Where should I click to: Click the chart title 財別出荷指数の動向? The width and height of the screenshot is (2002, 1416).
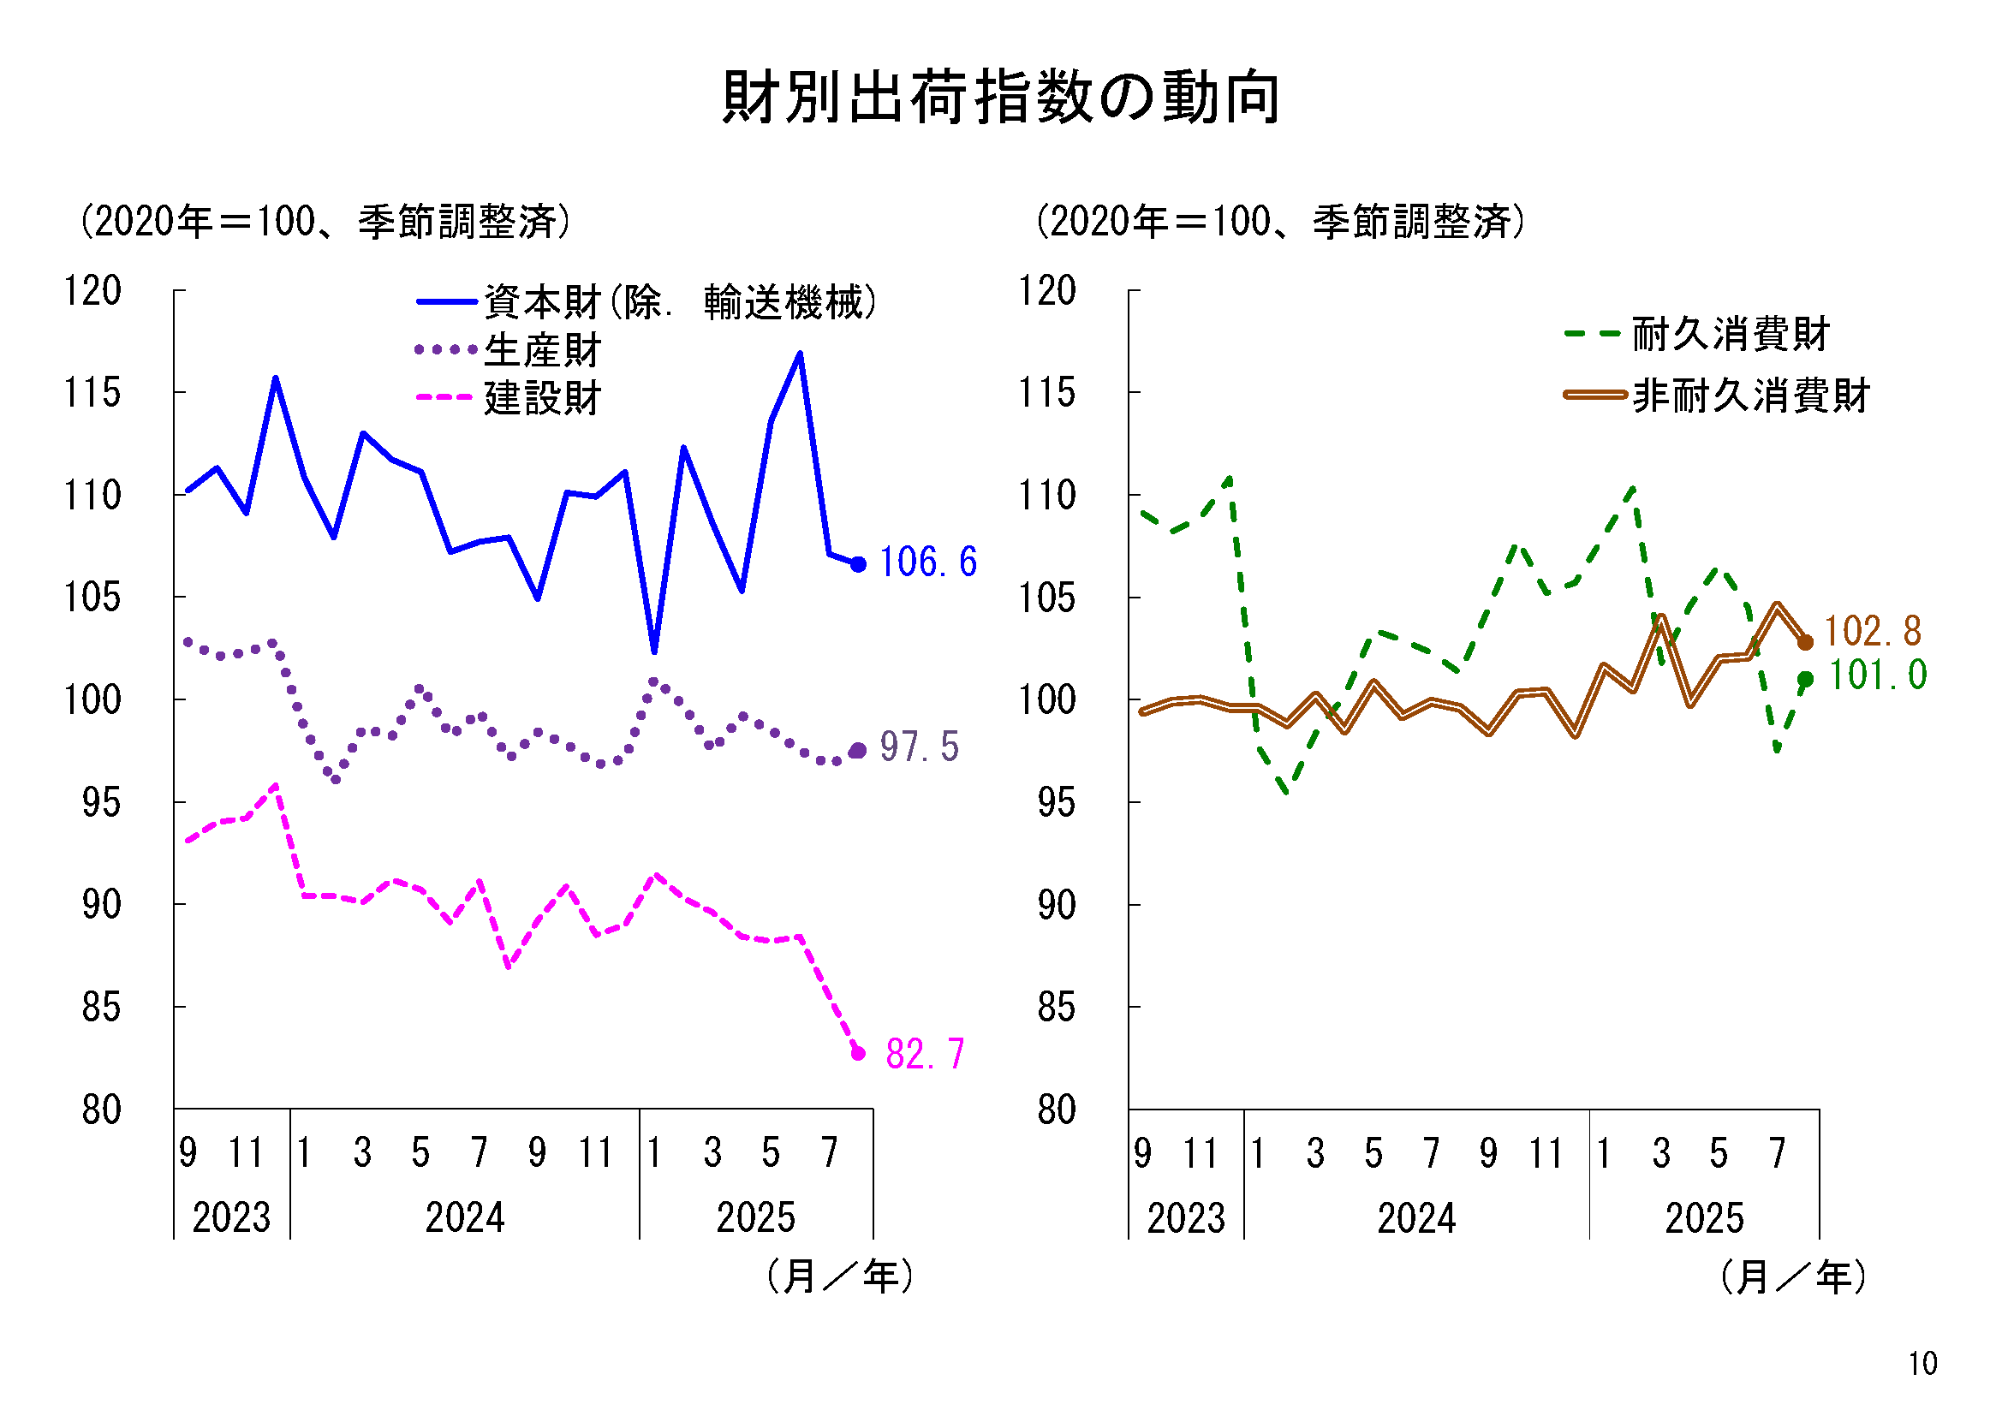coord(1001,97)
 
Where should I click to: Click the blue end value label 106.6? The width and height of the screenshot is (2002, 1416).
coord(927,562)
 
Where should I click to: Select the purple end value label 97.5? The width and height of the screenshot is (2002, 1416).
coord(919,747)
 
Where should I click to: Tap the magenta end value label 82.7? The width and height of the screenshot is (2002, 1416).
coord(924,1054)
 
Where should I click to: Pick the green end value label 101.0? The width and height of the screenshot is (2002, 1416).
coord(1876,675)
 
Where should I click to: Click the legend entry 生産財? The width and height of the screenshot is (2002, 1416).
coord(541,350)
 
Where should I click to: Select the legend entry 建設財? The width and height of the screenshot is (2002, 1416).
coord(541,398)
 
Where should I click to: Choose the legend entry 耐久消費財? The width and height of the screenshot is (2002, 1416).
coord(1730,334)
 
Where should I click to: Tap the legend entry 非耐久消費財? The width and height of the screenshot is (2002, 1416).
coord(1750,396)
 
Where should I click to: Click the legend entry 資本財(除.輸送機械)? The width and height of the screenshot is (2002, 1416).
coord(680,302)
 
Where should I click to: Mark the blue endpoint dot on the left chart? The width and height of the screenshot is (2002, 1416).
coord(858,565)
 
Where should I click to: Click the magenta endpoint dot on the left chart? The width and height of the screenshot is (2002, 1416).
coord(858,1053)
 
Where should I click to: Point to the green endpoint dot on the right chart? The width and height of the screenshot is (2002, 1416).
coord(1805,679)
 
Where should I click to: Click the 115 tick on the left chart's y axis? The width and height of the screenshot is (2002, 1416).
coord(92,393)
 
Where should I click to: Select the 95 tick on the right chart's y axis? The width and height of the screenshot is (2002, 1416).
coord(1056,803)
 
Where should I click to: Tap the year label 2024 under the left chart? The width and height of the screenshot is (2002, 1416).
coord(465,1218)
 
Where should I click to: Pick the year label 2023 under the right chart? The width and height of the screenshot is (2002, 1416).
coord(1186,1219)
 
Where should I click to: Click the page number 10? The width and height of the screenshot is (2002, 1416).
coord(1922,1364)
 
